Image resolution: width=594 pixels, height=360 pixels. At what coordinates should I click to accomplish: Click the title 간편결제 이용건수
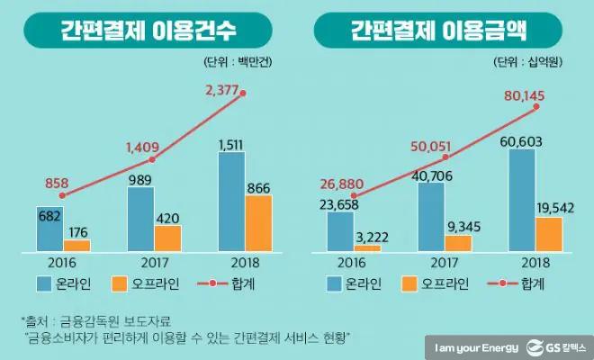pos(148,32)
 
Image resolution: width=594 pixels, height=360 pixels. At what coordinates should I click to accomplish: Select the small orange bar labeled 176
pos(76,245)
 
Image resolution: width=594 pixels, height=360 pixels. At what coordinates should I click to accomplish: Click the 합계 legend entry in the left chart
pos(239,285)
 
